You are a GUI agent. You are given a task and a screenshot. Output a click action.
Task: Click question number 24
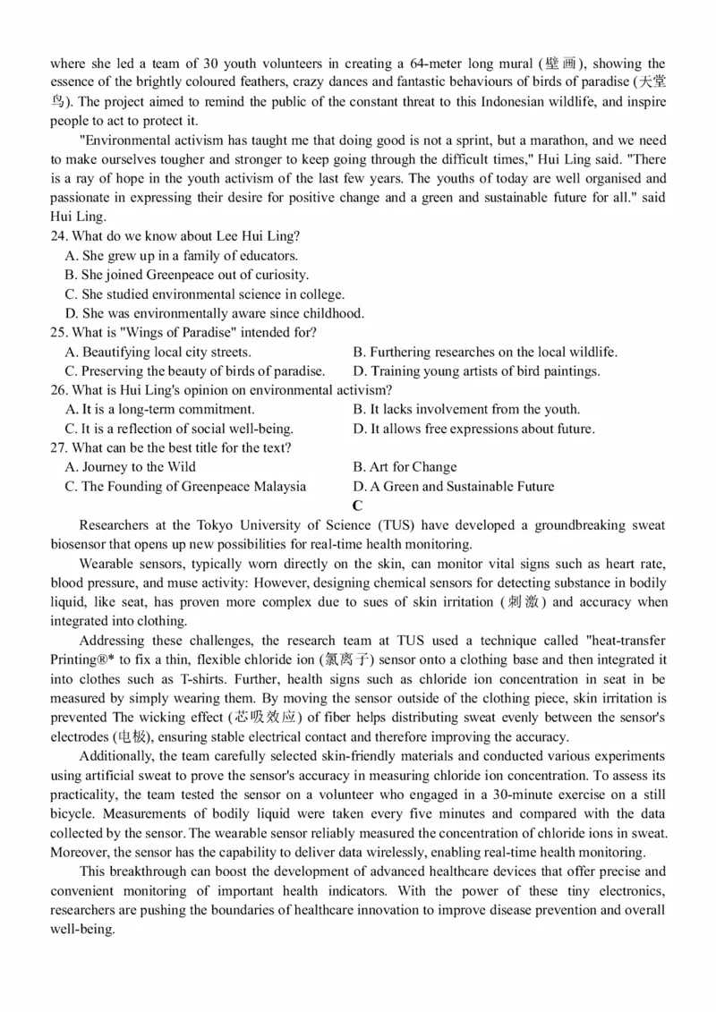click(x=59, y=236)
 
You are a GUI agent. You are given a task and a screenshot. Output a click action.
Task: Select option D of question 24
click(x=215, y=313)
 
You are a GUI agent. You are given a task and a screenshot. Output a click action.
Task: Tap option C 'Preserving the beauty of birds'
click(x=195, y=370)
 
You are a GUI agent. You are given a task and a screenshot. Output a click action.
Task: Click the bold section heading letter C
click(x=357, y=506)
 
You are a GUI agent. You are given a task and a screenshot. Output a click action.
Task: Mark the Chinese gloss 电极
click(x=135, y=737)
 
